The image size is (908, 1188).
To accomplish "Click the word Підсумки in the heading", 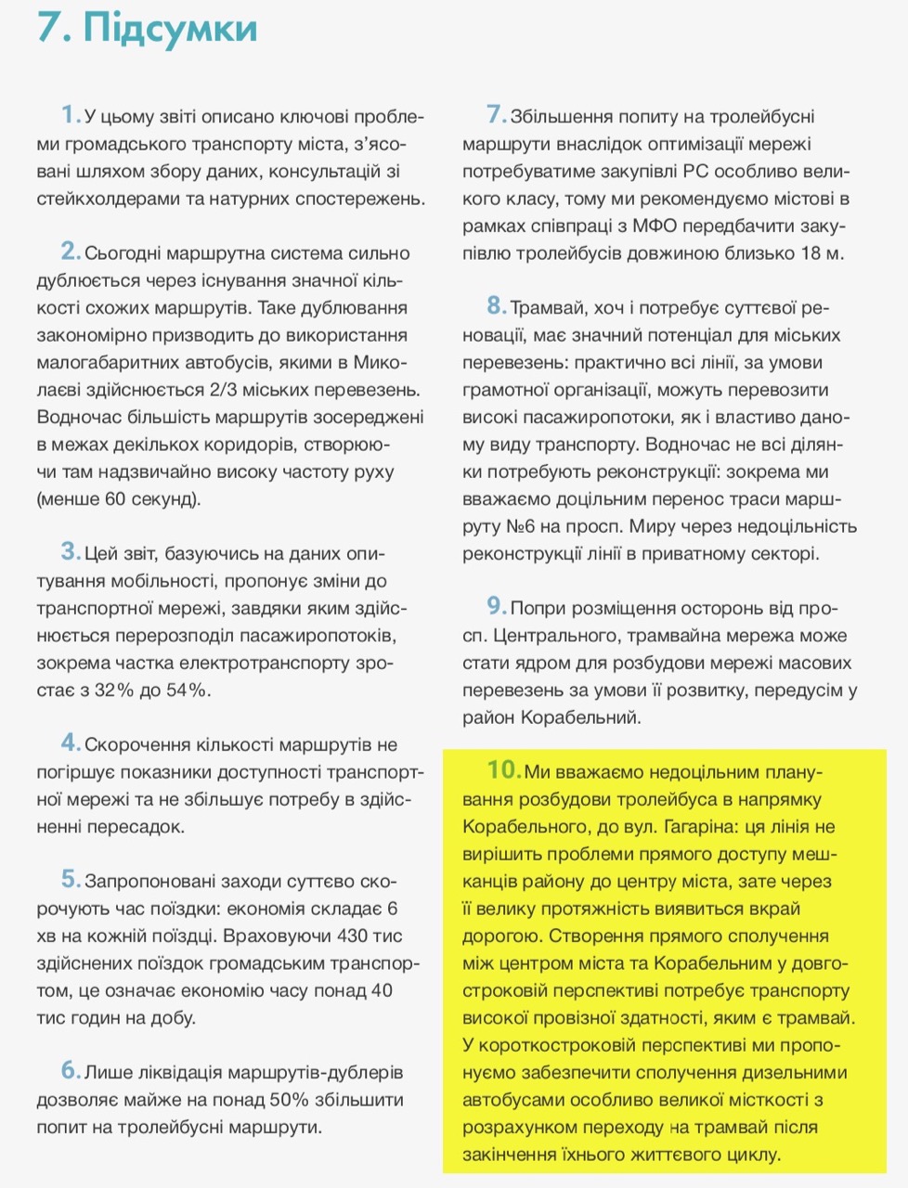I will click(170, 28).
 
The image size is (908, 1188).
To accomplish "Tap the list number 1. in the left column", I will click(71, 115).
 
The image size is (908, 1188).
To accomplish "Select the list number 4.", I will click(71, 743).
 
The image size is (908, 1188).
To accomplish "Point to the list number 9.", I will click(497, 607).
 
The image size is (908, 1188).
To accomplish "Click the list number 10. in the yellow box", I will click(504, 770).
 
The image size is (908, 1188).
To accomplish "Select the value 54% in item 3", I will click(188, 691).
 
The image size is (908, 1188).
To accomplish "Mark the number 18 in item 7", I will click(811, 252).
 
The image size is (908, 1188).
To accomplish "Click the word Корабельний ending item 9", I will click(580, 717).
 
